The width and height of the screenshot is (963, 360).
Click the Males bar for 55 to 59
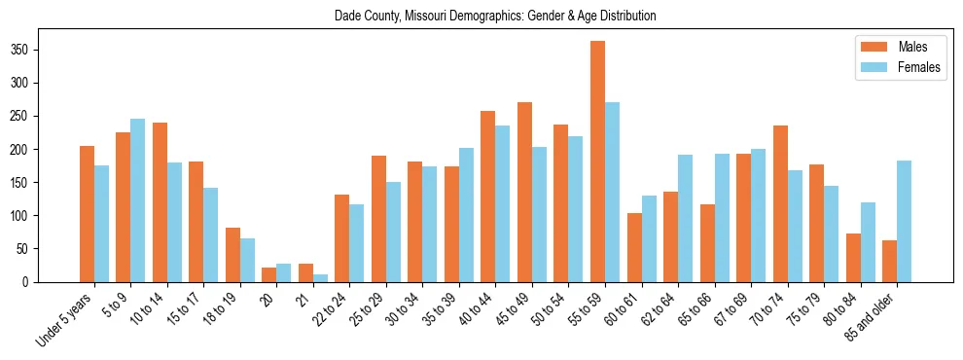597,162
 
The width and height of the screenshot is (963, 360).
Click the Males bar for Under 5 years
87,214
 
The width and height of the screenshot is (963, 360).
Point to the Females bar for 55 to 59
612,192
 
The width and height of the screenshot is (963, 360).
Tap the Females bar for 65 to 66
722,218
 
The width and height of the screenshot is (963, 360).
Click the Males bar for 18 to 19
232,255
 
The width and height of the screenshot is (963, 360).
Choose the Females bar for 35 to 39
466,215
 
